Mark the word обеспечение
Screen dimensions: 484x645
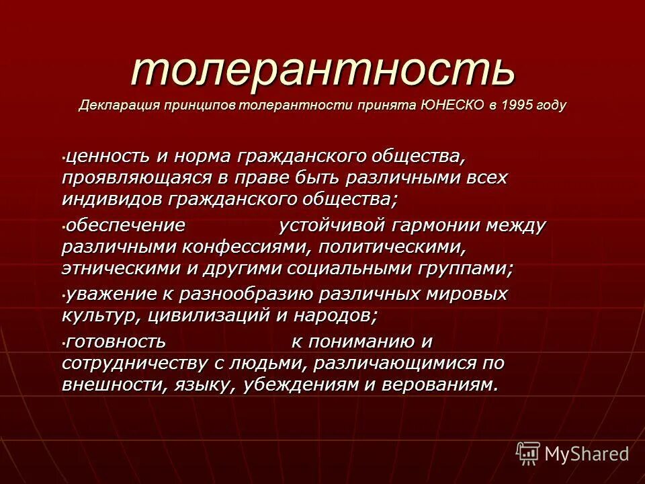coord(125,225)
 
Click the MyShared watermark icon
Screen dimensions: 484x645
coord(527,453)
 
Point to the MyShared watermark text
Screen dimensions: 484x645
coord(587,454)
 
